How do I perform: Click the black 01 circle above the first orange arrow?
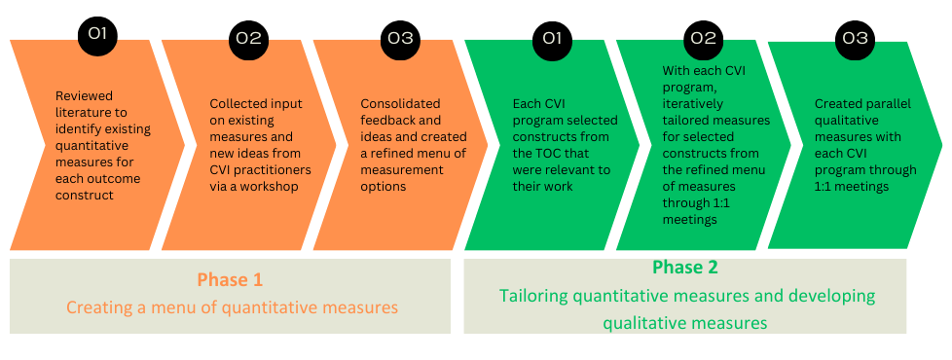97,34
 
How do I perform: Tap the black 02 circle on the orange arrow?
248,38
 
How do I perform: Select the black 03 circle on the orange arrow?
400,38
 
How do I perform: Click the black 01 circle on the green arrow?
552,38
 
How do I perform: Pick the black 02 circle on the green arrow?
703,38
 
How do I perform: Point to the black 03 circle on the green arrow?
855,38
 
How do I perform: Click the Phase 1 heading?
230,280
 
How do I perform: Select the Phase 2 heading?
685,268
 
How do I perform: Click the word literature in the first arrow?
81,112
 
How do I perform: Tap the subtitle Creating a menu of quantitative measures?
232,307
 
